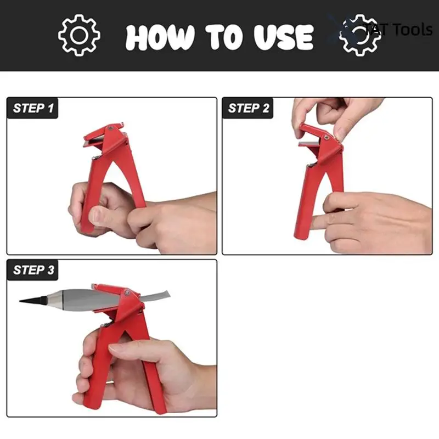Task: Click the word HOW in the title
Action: click(x=160, y=37)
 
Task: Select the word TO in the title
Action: click(x=222, y=37)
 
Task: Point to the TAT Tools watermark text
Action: click(x=398, y=29)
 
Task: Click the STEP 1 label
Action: click(x=33, y=108)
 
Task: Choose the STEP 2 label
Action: click(x=249, y=108)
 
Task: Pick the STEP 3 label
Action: click(x=33, y=269)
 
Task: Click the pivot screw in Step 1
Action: click(x=112, y=128)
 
